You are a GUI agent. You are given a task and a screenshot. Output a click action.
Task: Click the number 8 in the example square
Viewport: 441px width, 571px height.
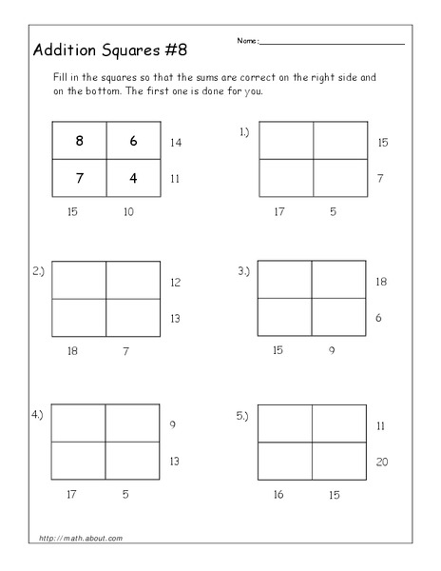pyautogui.click(x=79, y=140)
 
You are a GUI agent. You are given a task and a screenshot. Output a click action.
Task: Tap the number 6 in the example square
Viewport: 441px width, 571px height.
pyautogui.click(x=133, y=140)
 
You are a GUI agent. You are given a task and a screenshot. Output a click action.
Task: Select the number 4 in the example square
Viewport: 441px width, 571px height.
pyautogui.click(x=133, y=177)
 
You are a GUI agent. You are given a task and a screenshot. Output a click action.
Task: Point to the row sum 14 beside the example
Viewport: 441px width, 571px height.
pyautogui.click(x=175, y=142)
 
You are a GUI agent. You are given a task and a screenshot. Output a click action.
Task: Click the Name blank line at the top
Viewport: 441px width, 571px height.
pyautogui.click(x=332, y=44)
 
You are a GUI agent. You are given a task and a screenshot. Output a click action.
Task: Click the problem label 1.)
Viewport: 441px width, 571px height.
pyautogui.click(x=244, y=133)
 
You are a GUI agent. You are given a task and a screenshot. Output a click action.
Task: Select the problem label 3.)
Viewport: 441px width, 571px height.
pyautogui.click(x=244, y=271)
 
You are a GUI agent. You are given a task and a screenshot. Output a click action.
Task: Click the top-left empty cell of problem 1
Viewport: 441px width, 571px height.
pyautogui.click(x=286, y=140)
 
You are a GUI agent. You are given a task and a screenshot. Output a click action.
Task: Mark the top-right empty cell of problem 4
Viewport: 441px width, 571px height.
pyautogui.click(x=133, y=423)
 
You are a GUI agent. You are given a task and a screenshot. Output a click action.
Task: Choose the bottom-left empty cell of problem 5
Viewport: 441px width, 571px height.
pyautogui.click(x=286, y=462)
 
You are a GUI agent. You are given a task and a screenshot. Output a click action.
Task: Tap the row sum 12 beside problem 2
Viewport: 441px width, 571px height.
pyautogui.click(x=175, y=283)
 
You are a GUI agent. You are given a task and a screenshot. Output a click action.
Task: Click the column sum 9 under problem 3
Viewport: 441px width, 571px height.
pyautogui.click(x=333, y=350)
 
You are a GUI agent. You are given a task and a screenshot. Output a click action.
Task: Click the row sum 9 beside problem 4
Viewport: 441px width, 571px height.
pyautogui.click(x=174, y=424)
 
